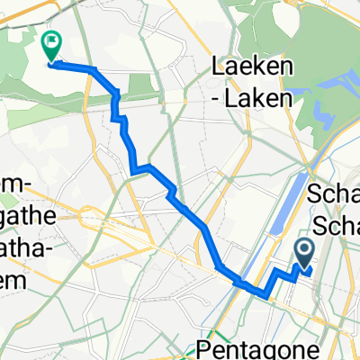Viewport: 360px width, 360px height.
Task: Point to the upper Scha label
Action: [334, 193]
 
